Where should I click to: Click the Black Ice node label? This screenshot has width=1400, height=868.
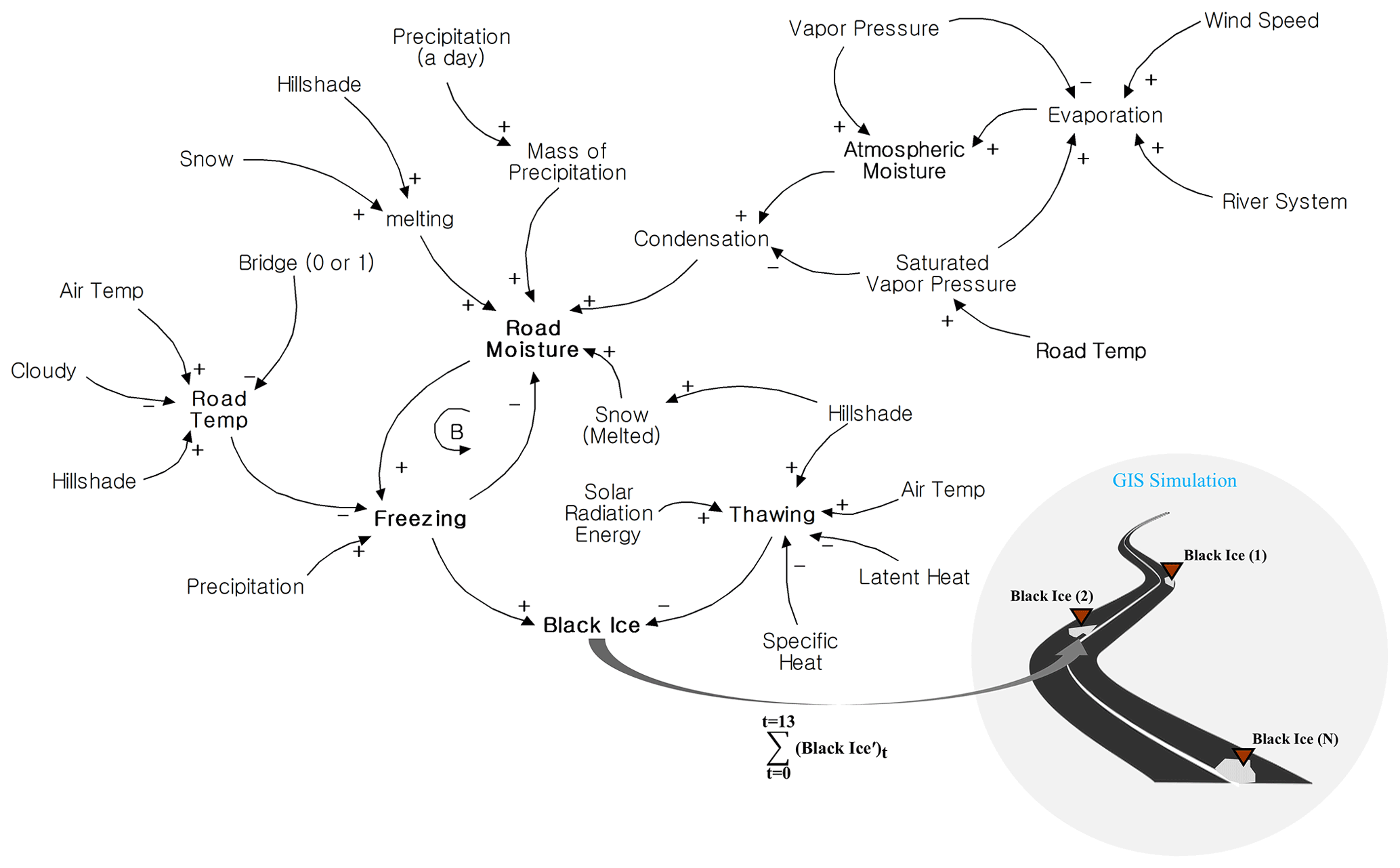coord(591,625)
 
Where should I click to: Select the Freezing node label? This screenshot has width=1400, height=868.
coord(420,518)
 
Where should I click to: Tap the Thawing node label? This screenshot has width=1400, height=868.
coord(771,514)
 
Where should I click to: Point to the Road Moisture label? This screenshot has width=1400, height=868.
coord(533,339)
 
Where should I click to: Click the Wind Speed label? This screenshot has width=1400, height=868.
coord(1261,21)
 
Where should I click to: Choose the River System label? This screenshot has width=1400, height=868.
coord(1284,202)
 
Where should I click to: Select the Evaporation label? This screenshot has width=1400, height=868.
coord(1105,115)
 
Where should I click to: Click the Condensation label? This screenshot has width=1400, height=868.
coord(701,239)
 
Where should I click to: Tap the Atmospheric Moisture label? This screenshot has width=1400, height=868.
coord(904,161)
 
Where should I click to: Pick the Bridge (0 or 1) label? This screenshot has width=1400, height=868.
coord(306,263)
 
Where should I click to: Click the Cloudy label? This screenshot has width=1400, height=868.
coord(43,371)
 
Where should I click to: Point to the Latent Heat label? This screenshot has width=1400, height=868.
coord(914,577)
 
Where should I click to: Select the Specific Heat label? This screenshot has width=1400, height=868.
coord(800,651)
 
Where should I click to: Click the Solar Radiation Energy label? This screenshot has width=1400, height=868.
coord(608,513)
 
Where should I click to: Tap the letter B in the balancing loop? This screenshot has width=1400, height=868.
coord(457,432)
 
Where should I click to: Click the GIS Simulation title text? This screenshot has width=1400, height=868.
coord(1174,480)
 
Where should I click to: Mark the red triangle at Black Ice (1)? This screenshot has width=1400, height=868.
coord(1171,570)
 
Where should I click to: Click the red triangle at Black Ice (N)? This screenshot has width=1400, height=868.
coord(1243,756)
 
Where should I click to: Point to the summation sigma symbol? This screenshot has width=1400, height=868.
coord(777,747)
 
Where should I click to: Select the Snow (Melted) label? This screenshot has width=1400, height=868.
coord(621,425)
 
